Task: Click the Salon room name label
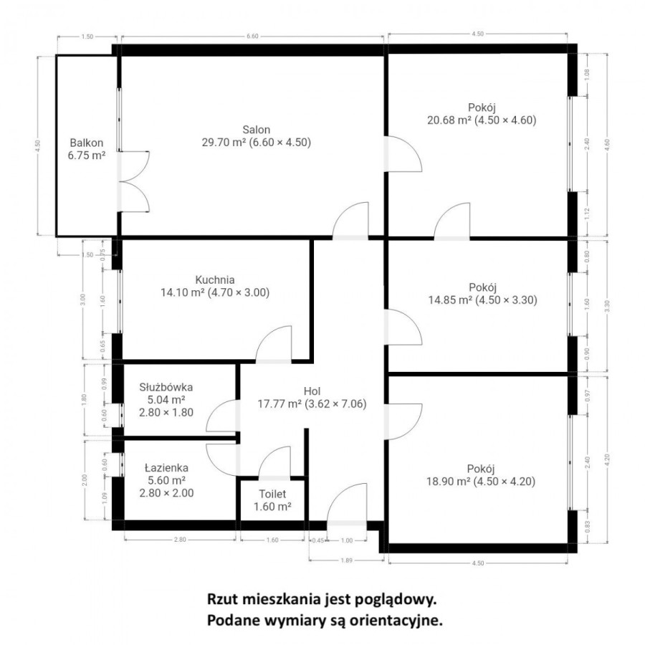coord(256,130)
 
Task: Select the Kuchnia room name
coord(215,279)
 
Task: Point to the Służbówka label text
coord(166,387)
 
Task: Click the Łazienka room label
coord(166,467)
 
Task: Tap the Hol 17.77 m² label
coord(312,397)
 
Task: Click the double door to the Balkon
coord(133,182)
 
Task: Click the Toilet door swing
coord(274,464)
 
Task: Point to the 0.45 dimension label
coord(316,540)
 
